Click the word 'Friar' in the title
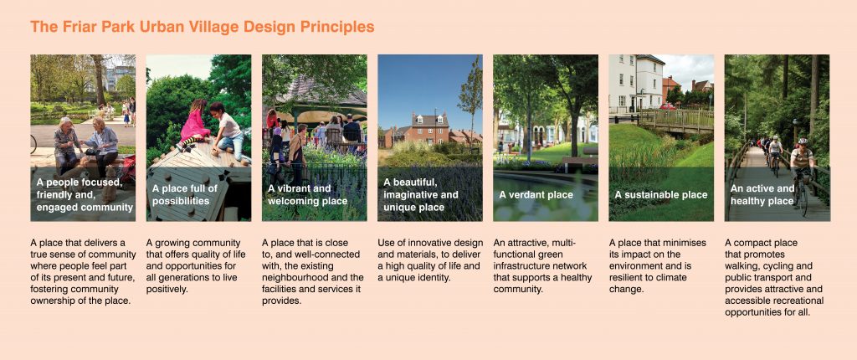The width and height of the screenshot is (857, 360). click(72, 27)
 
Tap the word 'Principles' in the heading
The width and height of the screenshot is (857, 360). click(343, 27)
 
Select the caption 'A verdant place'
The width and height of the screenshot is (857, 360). click(536, 195)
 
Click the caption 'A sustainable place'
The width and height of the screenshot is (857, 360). click(661, 195)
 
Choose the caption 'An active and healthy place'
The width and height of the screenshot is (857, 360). click(762, 195)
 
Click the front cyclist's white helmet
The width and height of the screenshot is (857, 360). click(803, 141)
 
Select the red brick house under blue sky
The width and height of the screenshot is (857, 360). click(429, 129)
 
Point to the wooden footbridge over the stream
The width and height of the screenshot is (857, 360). click(676, 121)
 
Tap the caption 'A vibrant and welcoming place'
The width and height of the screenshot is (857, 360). click(307, 195)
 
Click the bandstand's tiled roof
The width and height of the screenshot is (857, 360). click(321, 91)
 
